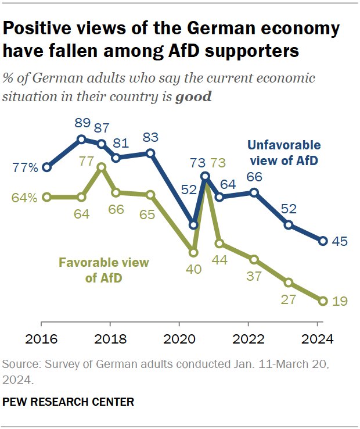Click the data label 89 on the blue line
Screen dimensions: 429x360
(82, 123)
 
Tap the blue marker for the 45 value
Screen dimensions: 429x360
(323, 241)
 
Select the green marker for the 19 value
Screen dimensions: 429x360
(323, 301)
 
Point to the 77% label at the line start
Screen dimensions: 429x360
(26, 168)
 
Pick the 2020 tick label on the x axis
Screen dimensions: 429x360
(179, 339)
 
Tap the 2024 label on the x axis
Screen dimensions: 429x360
(318, 339)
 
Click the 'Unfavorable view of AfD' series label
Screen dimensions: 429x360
(283, 153)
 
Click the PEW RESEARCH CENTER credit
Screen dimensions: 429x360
(69, 402)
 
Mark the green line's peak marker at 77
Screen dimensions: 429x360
(102, 167)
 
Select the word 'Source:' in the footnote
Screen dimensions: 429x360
(21, 365)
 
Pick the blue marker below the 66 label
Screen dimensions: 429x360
(254, 192)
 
